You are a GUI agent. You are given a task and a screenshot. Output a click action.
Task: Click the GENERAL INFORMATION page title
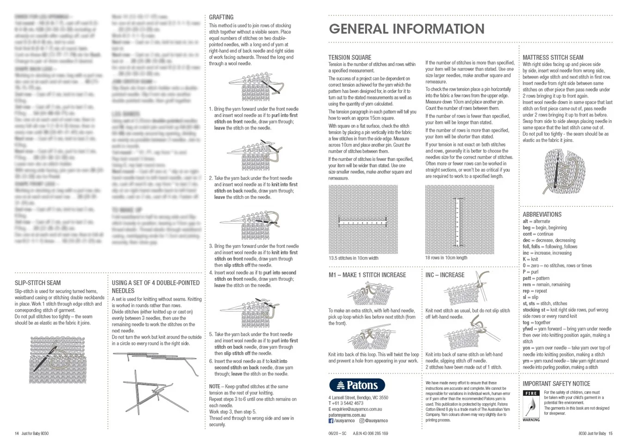coord(407,29)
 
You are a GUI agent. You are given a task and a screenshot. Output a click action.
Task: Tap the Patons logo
coord(357,385)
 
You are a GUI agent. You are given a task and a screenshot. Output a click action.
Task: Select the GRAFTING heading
coord(221,17)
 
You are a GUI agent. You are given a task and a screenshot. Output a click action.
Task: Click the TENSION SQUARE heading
coord(350,57)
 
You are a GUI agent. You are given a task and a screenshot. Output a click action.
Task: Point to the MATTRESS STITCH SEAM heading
coord(553,57)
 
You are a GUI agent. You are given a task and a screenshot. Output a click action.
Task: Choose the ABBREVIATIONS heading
coord(542,215)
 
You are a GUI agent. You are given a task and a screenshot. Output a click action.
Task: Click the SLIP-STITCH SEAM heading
coord(37,283)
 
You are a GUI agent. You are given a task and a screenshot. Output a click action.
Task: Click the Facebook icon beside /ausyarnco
coord(331,421)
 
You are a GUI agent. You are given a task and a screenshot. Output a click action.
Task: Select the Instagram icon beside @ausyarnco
coord(362,421)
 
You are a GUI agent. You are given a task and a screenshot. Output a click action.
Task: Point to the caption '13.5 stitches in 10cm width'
coord(353,258)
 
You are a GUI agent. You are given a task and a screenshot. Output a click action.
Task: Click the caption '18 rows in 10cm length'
coord(446,258)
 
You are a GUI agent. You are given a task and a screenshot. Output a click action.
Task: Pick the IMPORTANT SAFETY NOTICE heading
coord(556,384)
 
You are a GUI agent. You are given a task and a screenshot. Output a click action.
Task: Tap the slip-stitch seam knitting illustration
coord(58,360)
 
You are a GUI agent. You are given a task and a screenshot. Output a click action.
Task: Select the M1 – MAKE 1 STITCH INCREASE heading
coord(367,275)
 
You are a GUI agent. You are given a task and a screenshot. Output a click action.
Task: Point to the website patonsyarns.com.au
coord(347,415)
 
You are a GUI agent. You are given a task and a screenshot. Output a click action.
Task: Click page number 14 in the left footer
coord(17,433)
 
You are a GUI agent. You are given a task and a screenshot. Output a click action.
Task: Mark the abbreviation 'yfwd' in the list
coord(528,329)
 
